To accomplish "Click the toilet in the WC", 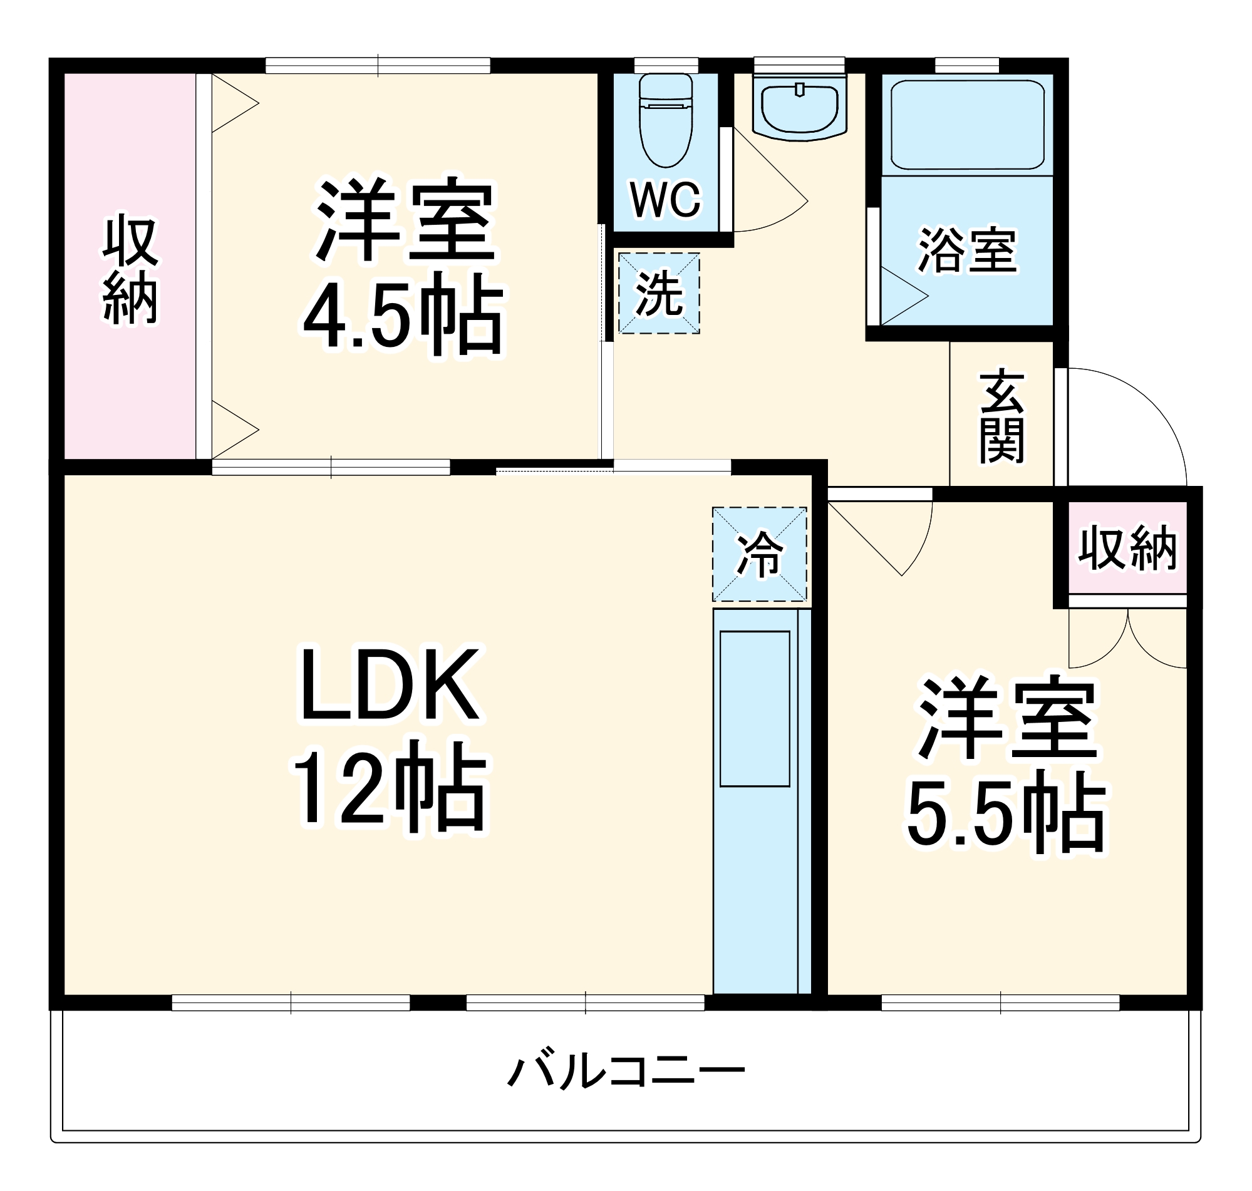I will tap(665, 121).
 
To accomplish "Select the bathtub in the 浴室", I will tap(967, 125).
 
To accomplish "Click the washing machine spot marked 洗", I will tap(659, 293).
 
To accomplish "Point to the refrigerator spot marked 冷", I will tap(758, 554).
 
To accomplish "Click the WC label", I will tap(665, 199).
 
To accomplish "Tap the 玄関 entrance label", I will tap(1001, 416).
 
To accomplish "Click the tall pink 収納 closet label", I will tap(130, 271).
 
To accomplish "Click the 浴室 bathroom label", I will tap(967, 250).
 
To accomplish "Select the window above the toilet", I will tap(665, 65).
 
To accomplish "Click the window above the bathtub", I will tap(967, 65).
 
